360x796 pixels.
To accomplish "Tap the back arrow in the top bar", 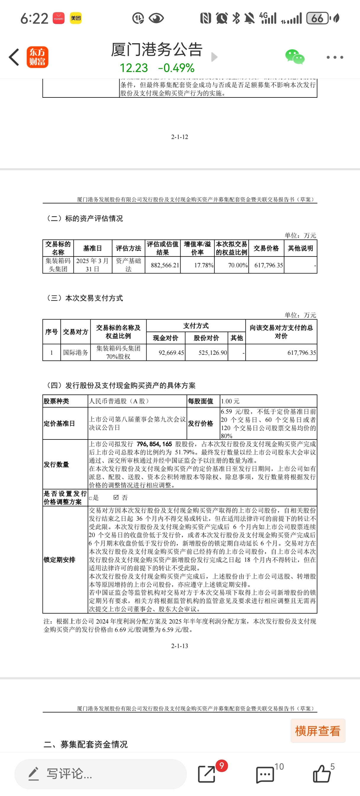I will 14,57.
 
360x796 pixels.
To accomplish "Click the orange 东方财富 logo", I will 37,57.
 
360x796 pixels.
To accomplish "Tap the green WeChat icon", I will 295,57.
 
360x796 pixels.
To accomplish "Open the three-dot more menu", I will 335,57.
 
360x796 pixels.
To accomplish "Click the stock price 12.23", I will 134,68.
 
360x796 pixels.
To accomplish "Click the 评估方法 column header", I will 128,248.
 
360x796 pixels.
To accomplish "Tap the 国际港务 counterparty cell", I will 75,353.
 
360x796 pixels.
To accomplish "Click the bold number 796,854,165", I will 154,444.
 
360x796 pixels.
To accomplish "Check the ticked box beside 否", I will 116,497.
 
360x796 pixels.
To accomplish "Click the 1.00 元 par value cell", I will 230,401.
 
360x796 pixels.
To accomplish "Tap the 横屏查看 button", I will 318,731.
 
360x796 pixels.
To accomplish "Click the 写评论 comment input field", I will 100,774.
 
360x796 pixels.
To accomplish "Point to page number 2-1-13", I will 179,646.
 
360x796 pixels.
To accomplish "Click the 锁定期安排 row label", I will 59,560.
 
